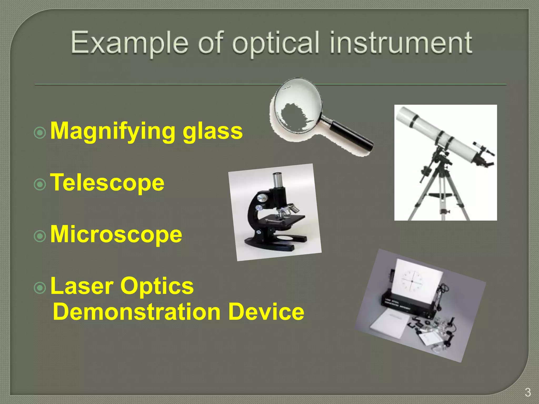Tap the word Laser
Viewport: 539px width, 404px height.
[82, 286]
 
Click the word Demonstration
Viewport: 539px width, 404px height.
[137, 312]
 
